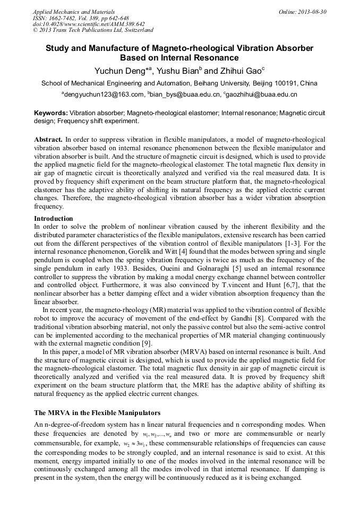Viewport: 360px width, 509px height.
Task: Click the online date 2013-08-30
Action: click(312, 12)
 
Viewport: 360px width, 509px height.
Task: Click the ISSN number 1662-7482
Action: click(59, 18)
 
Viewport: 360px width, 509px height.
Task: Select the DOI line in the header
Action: click(89, 24)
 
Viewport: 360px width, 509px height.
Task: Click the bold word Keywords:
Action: click(51, 113)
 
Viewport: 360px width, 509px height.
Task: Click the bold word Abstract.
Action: click(48, 139)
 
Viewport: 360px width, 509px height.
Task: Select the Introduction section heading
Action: click(53, 218)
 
